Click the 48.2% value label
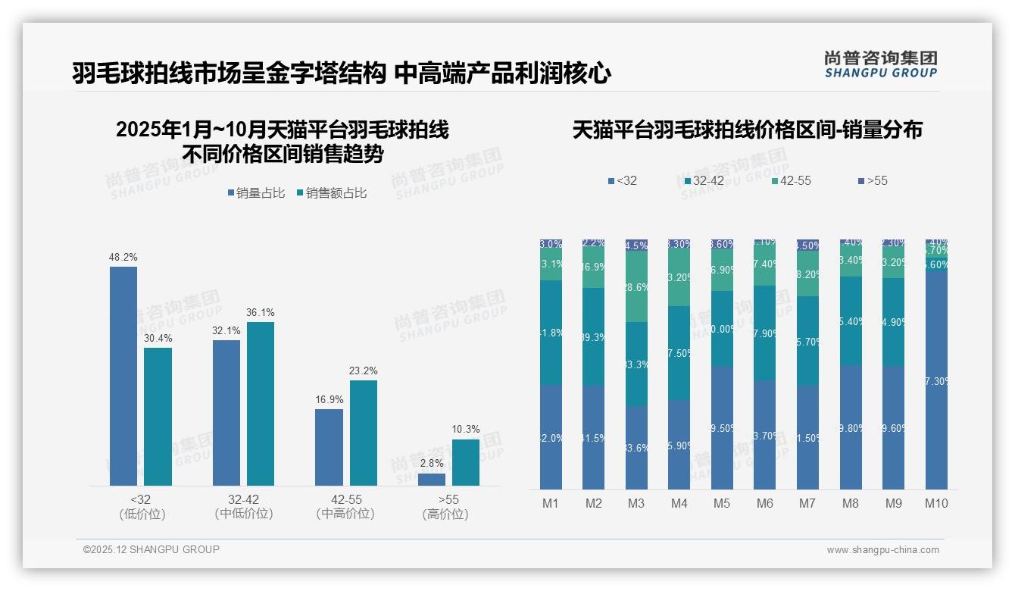pyautogui.click(x=123, y=258)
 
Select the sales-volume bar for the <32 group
pyautogui.click(x=123, y=376)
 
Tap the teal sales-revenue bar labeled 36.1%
pyautogui.click(x=261, y=403)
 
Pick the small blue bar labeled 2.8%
pyautogui.click(x=432, y=480)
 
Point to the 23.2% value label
pyautogui.click(x=364, y=371)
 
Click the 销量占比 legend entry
pyautogui.click(x=256, y=193)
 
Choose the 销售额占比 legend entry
pyautogui.click(x=332, y=193)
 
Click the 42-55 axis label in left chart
pyautogui.click(x=345, y=500)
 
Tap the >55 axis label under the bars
pyautogui.click(x=448, y=500)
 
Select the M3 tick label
pyautogui.click(x=636, y=503)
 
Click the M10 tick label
pyautogui.click(x=936, y=503)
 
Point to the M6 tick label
pyautogui.click(x=765, y=503)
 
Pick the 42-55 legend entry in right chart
pyautogui.click(x=792, y=180)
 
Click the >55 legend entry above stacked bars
pyautogui.click(x=873, y=180)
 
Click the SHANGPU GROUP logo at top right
pyautogui.click(x=880, y=64)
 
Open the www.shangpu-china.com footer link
pyautogui.click(x=882, y=550)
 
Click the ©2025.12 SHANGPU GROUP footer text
pyautogui.click(x=151, y=549)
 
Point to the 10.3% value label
pyautogui.click(x=466, y=430)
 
